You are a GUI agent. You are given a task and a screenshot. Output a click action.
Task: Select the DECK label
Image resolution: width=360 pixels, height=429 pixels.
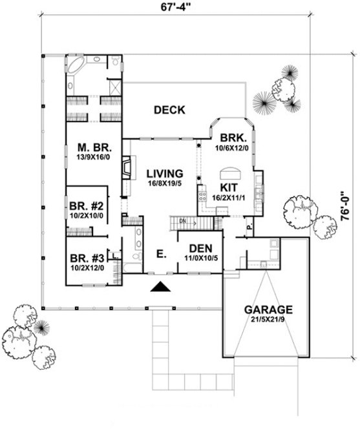tap(169, 110)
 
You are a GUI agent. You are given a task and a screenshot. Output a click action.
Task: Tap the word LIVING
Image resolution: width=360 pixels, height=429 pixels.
tap(164, 174)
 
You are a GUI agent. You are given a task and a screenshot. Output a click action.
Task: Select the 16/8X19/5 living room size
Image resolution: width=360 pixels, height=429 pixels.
tap(164, 184)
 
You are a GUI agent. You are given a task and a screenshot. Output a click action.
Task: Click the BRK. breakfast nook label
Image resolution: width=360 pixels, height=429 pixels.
tap(231, 138)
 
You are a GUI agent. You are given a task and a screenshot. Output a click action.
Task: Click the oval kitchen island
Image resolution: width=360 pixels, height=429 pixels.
tap(231, 173)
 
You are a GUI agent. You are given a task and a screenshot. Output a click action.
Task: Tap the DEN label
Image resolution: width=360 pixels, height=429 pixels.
tap(201, 248)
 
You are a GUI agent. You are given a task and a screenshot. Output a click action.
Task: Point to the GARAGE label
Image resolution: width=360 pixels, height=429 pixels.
tap(268, 309)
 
